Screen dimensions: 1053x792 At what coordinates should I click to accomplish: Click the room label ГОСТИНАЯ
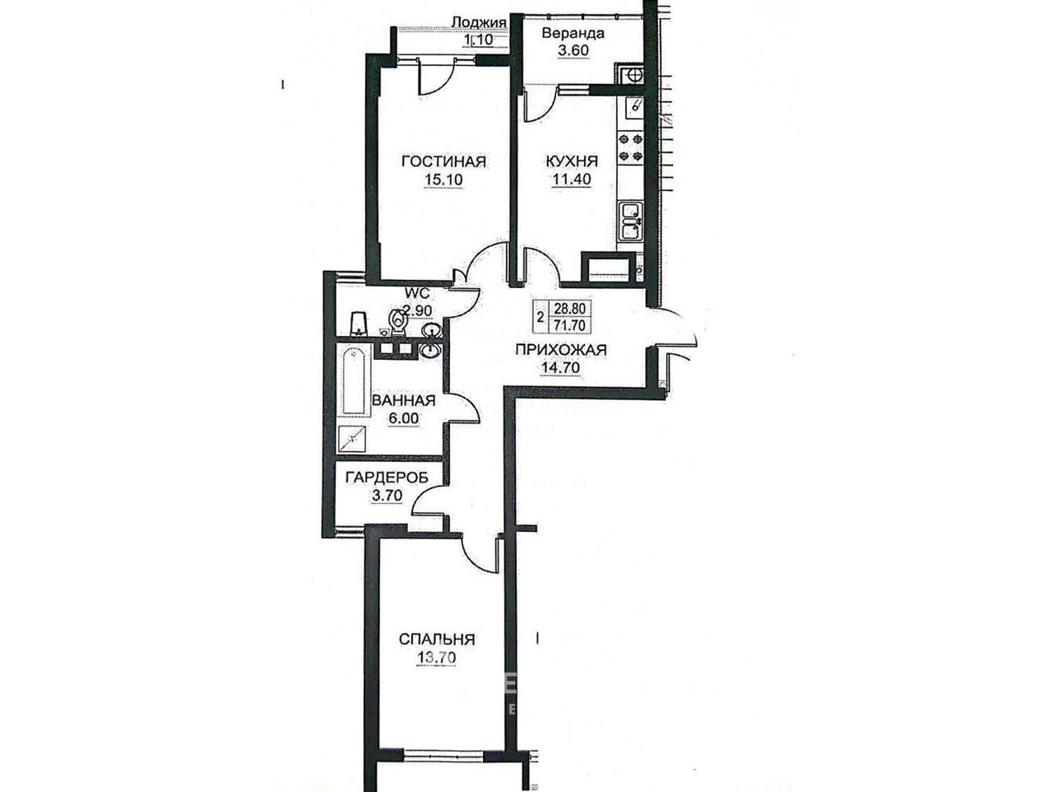(x=443, y=161)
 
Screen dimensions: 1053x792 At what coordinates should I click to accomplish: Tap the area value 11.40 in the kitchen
(x=572, y=179)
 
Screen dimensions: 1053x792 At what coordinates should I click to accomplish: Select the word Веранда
(x=573, y=34)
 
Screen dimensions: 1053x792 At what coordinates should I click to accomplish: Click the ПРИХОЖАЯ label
(x=561, y=350)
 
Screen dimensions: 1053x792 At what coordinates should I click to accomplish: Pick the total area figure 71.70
(x=569, y=325)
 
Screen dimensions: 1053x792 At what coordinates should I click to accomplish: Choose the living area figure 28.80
(x=569, y=308)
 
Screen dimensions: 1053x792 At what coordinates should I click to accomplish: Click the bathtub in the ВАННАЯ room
(x=354, y=381)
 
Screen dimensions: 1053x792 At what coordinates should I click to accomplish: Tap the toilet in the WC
(x=397, y=322)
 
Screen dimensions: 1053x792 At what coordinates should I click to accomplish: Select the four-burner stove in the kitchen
(x=630, y=148)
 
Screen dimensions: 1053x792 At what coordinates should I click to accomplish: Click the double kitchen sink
(x=631, y=221)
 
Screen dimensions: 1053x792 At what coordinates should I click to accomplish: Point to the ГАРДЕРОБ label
(x=387, y=478)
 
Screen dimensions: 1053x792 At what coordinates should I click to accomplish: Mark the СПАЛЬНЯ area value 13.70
(x=436, y=657)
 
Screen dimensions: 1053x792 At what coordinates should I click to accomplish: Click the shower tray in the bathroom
(x=353, y=439)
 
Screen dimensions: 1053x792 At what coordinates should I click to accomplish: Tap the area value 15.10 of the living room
(x=443, y=179)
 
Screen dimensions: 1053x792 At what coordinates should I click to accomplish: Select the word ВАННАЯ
(x=403, y=400)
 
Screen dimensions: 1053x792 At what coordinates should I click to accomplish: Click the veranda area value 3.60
(x=573, y=51)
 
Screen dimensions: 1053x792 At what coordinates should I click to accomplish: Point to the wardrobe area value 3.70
(x=387, y=495)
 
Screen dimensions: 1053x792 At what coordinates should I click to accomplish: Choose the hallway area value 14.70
(x=561, y=368)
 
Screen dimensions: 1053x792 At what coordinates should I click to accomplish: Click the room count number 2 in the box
(x=540, y=317)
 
